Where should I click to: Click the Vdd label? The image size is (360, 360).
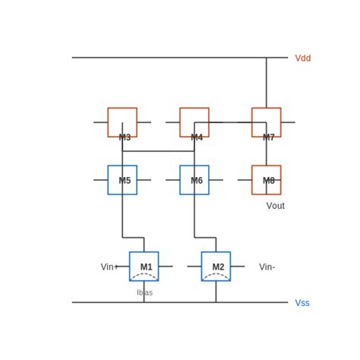[x=302, y=58]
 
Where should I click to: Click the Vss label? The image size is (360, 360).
[x=302, y=303]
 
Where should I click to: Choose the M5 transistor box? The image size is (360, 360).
[x=122, y=180]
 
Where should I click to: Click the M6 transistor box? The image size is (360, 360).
[x=194, y=180]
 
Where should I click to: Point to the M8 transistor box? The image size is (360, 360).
[x=266, y=180]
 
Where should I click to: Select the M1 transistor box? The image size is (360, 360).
[x=144, y=266]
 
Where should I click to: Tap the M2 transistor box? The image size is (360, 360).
[x=216, y=266]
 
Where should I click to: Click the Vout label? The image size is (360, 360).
[x=275, y=206]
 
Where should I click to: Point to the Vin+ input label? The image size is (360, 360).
[x=109, y=267]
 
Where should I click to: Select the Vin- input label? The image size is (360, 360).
[x=267, y=267]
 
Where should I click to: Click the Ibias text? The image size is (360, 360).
[x=144, y=292]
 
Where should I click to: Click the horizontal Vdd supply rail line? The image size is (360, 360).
[x=175, y=58]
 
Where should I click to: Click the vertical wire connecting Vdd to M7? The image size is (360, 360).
[x=266, y=82]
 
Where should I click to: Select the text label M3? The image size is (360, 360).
[x=125, y=137]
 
